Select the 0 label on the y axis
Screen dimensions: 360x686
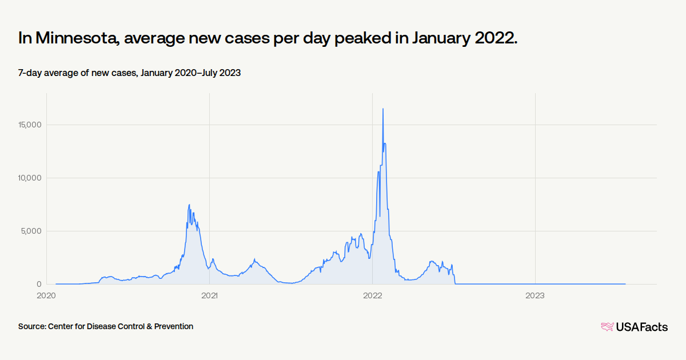(x=39, y=284)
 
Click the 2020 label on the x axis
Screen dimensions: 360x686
(x=46, y=295)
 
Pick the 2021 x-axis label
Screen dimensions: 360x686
(x=209, y=295)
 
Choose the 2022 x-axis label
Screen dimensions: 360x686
(x=372, y=295)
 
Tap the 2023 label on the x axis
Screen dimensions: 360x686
(x=535, y=295)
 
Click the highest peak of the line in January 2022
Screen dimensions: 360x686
(x=383, y=109)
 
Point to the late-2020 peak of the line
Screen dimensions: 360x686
(x=189, y=205)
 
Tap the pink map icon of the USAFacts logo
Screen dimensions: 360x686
(x=607, y=327)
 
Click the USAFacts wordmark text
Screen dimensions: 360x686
(x=641, y=327)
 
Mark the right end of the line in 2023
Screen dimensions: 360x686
(x=625, y=284)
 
